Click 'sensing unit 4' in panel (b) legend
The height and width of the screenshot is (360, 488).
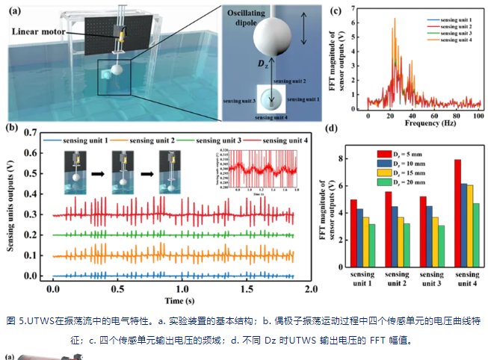[279, 140]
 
